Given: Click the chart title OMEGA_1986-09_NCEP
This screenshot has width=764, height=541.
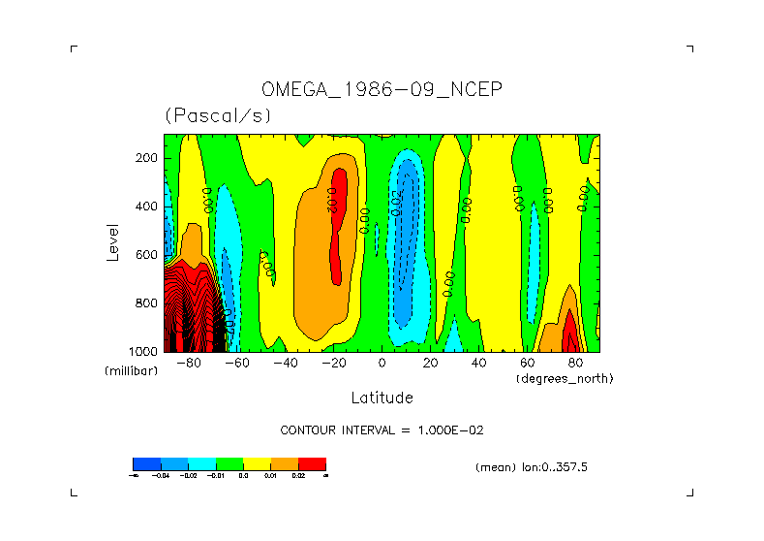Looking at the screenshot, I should pyautogui.click(x=382, y=90).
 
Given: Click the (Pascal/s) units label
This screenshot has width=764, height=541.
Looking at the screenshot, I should pyautogui.click(x=218, y=115).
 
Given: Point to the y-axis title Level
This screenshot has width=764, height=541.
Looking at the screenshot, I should pyautogui.click(x=112, y=242).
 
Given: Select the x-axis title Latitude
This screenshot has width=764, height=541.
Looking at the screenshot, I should pyautogui.click(x=382, y=398).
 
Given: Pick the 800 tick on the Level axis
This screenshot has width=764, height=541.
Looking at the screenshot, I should pyautogui.click(x=148, y=302).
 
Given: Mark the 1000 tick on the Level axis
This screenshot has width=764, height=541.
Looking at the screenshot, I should pyautogui.click(x=145, y=351).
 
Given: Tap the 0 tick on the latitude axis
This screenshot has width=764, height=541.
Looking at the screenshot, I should pyautogui.click(x=382, y=364).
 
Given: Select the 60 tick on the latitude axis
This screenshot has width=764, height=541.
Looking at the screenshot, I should pyautogui.click(x=527, y=364).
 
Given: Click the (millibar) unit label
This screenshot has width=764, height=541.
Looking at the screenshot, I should pyautogui.click(x=131, y=371).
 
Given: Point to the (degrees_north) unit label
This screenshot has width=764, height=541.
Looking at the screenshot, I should pyautogui.click(x=565, y=378).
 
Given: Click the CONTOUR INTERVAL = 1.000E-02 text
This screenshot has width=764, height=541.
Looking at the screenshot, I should pyautogui.click(x=382, y=430).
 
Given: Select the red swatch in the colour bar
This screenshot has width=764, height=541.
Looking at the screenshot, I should pyautogui.click(x=312, y=463).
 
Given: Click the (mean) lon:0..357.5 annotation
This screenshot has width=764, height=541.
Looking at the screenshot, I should pyautogui.click(x=532, y=467).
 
